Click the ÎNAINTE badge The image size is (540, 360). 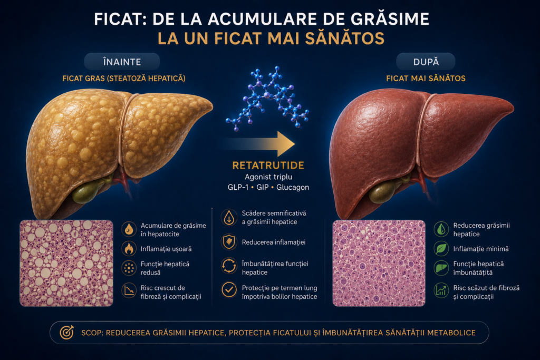point(122,62)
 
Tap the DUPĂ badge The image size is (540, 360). point(426,62)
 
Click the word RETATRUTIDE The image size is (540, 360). point(268,166)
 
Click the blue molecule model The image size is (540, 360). point(267,99)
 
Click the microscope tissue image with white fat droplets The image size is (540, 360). point(66,264)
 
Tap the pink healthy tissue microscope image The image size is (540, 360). point(379,264)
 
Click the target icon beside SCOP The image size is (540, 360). point(67,333)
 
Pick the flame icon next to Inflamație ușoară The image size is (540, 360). point(129,248)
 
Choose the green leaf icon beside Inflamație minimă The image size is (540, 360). point(441,248)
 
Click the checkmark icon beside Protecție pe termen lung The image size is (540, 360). point(229,290)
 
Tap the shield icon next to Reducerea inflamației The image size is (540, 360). point(229,242)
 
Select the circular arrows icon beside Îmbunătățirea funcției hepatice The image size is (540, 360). point(229,266)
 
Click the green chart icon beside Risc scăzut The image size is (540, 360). point(441,290)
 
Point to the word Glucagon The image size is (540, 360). point(293,187)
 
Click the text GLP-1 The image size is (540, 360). point(238,187)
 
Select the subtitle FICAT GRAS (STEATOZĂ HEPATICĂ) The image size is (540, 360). point(124,79)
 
